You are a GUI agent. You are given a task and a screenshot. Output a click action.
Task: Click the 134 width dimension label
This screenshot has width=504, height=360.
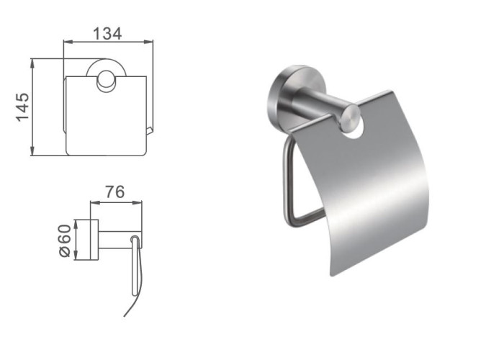point(107,34)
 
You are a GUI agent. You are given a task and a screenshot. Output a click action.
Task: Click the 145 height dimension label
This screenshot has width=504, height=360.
point(22,107)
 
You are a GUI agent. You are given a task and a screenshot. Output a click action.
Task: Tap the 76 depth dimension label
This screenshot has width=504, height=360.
point(115,192)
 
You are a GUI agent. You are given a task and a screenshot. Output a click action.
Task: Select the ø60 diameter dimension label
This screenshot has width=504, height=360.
point(65,240)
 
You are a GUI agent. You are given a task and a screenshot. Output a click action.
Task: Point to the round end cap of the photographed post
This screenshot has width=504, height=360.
point(351,118)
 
